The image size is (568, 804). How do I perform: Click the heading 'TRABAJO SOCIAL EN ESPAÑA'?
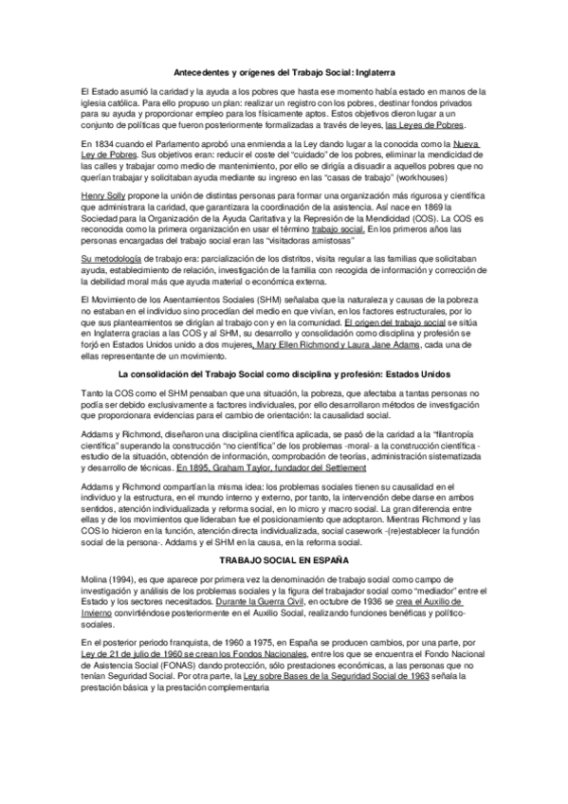coord(284,559)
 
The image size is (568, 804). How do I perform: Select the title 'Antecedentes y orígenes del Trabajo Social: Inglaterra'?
coord(284,71)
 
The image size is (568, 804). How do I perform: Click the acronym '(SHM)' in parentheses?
coord(274,300)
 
